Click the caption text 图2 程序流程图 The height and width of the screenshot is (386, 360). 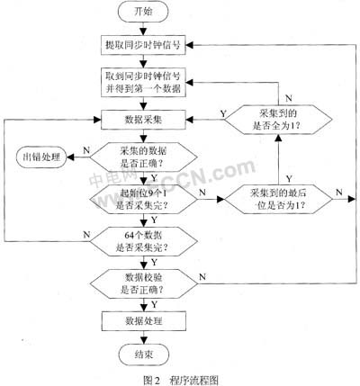[x=180, y=378]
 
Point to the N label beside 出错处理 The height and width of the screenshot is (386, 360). [x=83, y=150]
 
